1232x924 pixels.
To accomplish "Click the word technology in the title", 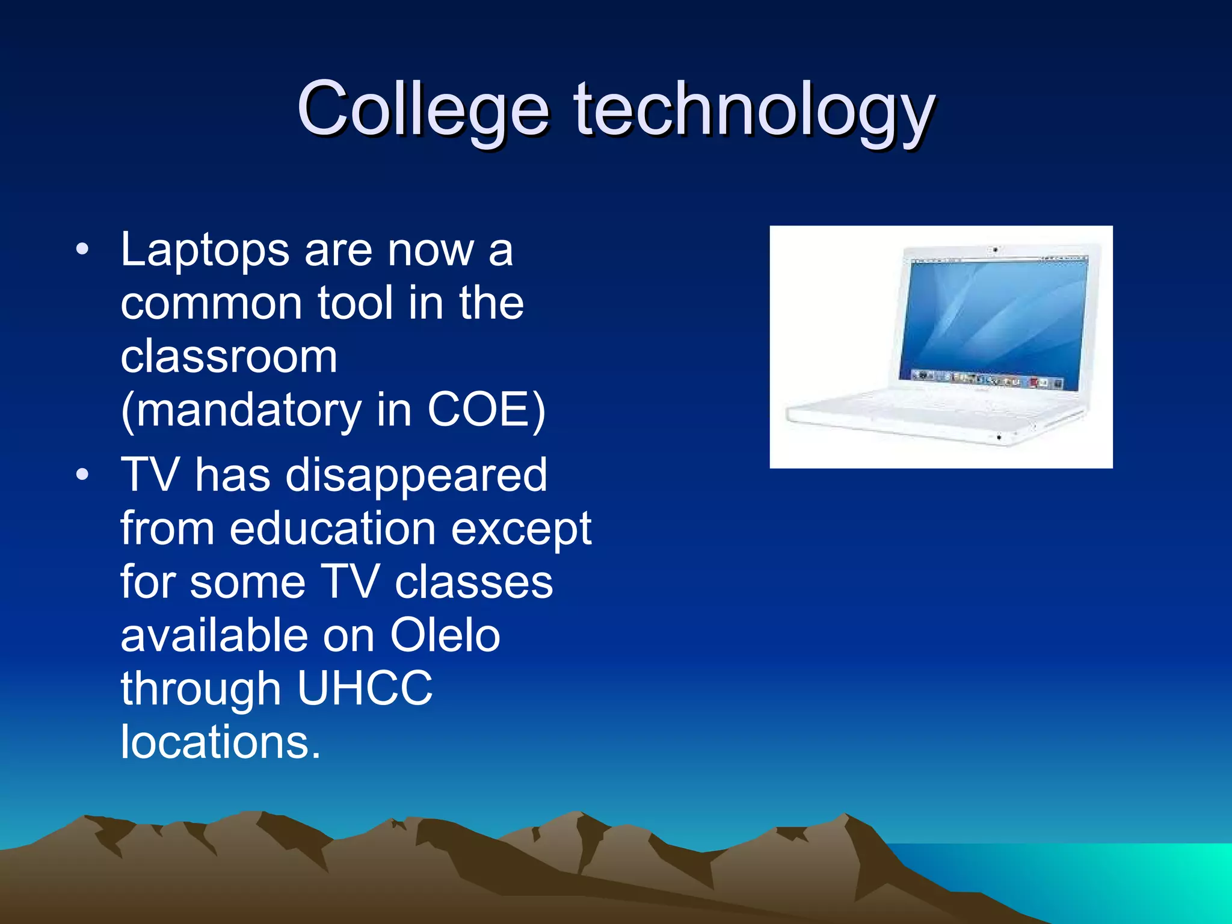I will point(754,111).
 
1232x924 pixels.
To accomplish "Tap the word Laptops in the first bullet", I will point(205,250).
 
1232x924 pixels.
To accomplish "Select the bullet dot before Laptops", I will point(82,248).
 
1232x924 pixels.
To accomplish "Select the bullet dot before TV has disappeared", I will point(82,475).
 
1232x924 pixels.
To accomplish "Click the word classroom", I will point(229,357).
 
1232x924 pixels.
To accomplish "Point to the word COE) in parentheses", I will point(486,410).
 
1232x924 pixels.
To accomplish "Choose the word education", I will point(332,529).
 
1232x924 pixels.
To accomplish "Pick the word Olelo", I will point(445,635).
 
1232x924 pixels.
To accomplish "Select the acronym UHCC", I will point(365,688).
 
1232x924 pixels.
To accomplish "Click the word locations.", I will point(220,742).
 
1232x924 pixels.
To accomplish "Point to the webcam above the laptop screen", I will point(996,249).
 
